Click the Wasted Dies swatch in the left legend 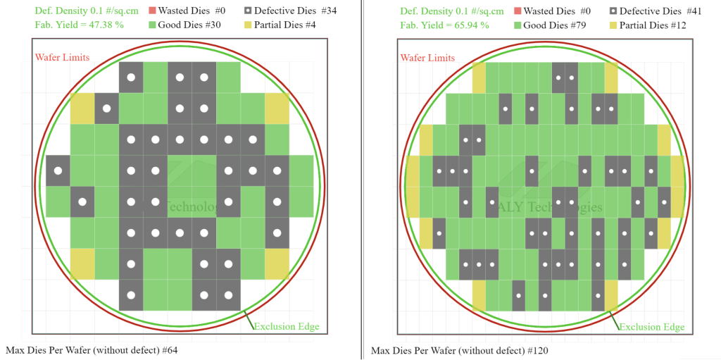[151, 11]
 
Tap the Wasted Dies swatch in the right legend [518, 11]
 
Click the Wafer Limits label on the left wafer [62, 56]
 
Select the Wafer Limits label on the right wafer [428, 56]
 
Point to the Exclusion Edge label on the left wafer [286, 326]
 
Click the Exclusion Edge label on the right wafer [651, 327]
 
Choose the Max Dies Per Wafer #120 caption [459, 350]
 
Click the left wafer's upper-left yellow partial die [82, 108]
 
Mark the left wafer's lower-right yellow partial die [277, 263]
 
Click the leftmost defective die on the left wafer [58, 170]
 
